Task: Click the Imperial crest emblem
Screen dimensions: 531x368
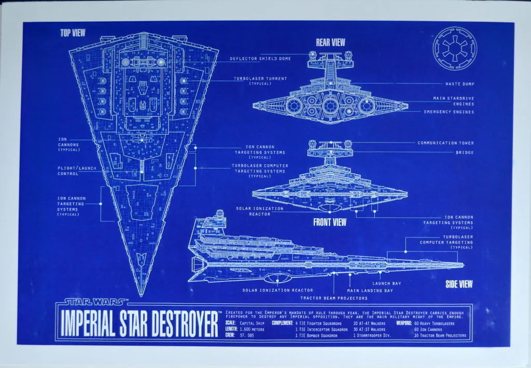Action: pyautogui.click(x=454, y=49)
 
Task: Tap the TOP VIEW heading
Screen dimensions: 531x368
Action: pyautogui.click(x=73, y=33)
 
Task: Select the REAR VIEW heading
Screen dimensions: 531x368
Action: pyautogui.click(x=330, y=43)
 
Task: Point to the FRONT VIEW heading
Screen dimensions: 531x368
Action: pyautogui.click(x=329, y=222)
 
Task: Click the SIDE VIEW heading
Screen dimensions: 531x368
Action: pyautogui.click(x=459, y=284)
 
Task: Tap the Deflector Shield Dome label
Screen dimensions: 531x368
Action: pyautogui.click(x=260, y=59)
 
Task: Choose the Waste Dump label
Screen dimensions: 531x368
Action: pyautogui.click(x=459, y=83)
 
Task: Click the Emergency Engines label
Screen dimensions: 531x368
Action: pyautogui.click(x=449, y=112)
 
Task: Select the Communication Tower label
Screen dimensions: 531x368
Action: pyautogui.click(x=445, y=143)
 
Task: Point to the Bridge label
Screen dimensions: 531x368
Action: pyautogui.click(x=465, y=152)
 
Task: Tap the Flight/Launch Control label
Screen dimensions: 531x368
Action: pyautogui.click(x=77, y=171)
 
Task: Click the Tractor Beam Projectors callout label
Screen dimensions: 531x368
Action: pyautogui.click(x=334, y=298)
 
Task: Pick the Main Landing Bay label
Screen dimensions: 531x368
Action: pyautogui.click(x=370, y=290)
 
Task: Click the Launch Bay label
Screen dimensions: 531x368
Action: pyautogui.click(x=387, y=284)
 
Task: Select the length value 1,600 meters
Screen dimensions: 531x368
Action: pyautogui.click(x=252, y=329)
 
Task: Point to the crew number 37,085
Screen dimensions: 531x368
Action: pyautogui.click(x=247, y=335)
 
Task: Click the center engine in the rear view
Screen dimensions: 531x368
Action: pyautogui.click(x=329, y=106)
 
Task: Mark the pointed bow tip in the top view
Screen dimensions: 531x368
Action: pyautogui.click(x=142, y=296)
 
